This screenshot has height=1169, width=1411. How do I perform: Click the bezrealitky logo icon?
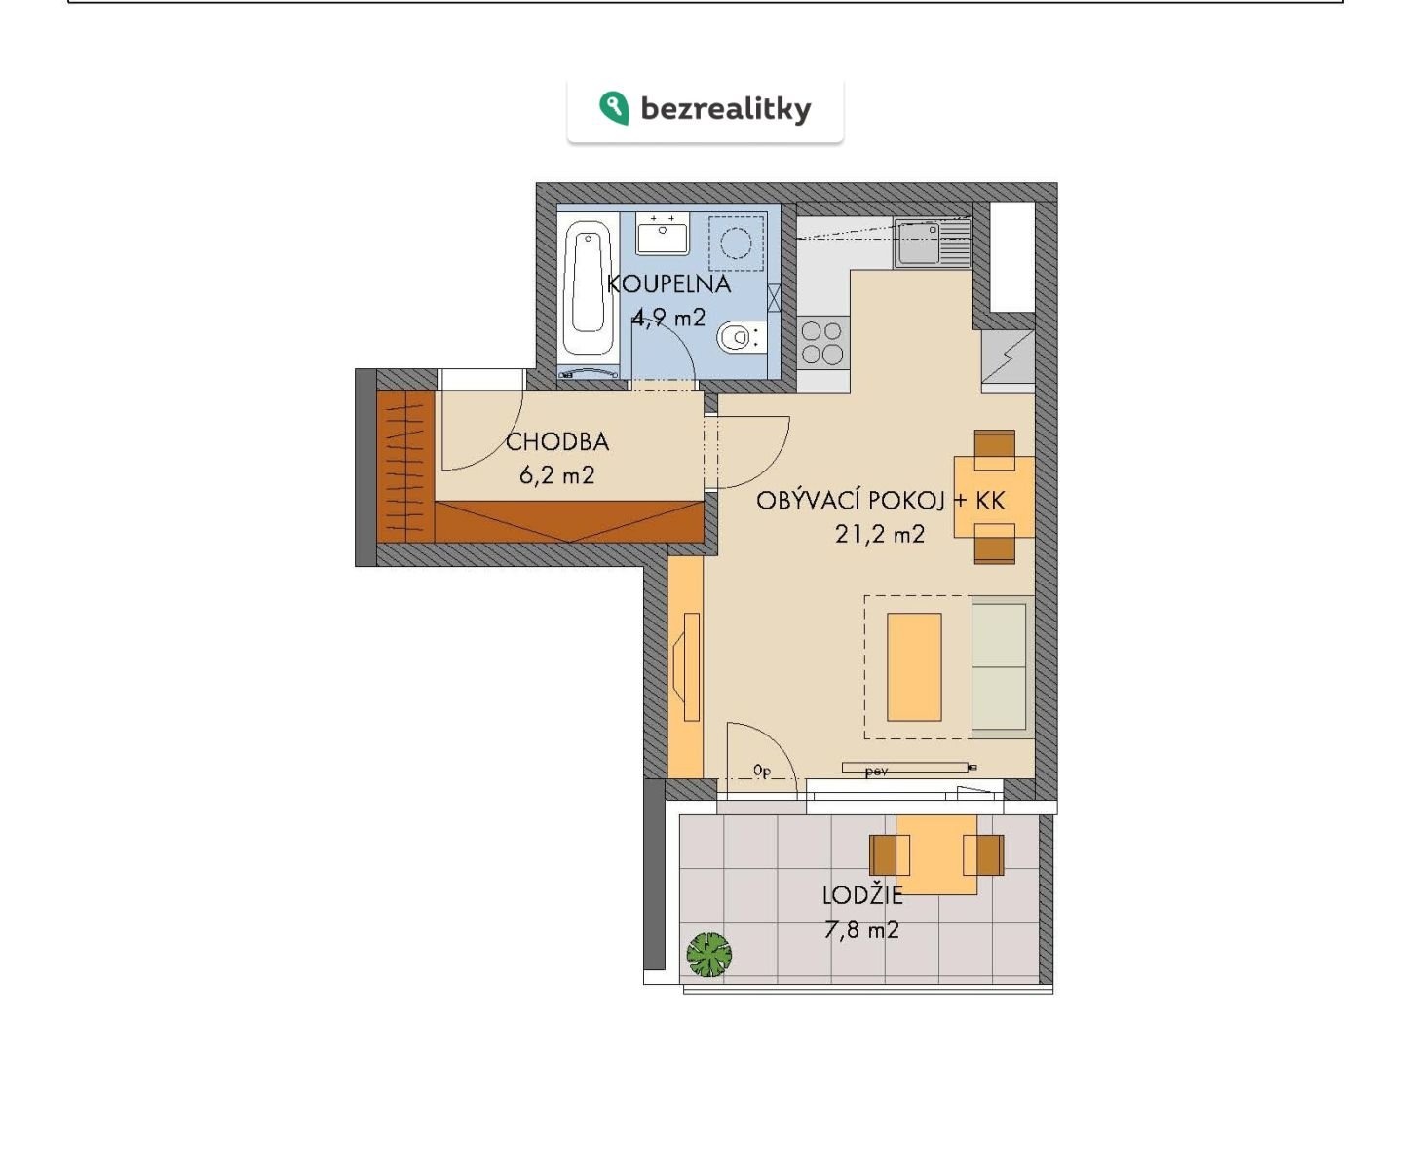pos(614,108)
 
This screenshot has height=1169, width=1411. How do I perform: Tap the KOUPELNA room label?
pos(668,283)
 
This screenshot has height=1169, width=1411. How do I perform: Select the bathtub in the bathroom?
pos(588,287)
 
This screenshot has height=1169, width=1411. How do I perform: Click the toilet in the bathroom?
pos(742,336)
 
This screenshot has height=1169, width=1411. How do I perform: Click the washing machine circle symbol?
pos(736,243)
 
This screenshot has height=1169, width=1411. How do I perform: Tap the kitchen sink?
pos(933,244)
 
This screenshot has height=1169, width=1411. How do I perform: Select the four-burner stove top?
pos(822,343)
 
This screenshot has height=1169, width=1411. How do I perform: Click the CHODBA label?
pos(556,442)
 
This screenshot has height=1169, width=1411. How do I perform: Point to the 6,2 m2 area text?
pos(556,475)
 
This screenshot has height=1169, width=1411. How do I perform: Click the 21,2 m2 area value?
pos(879,535)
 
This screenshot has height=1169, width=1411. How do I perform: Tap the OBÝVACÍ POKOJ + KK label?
pos(881,501)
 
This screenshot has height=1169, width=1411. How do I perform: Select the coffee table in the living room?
pos(914,667)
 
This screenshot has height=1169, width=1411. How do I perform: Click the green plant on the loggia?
pos(708,954)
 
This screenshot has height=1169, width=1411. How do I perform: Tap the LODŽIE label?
pos(862,895)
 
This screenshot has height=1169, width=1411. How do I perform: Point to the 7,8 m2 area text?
pos(861,930)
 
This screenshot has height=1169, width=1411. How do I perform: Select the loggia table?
pos(936,854)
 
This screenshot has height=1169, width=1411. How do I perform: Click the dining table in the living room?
pos(994,497)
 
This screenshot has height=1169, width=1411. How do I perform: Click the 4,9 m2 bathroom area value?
pos(668,317)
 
